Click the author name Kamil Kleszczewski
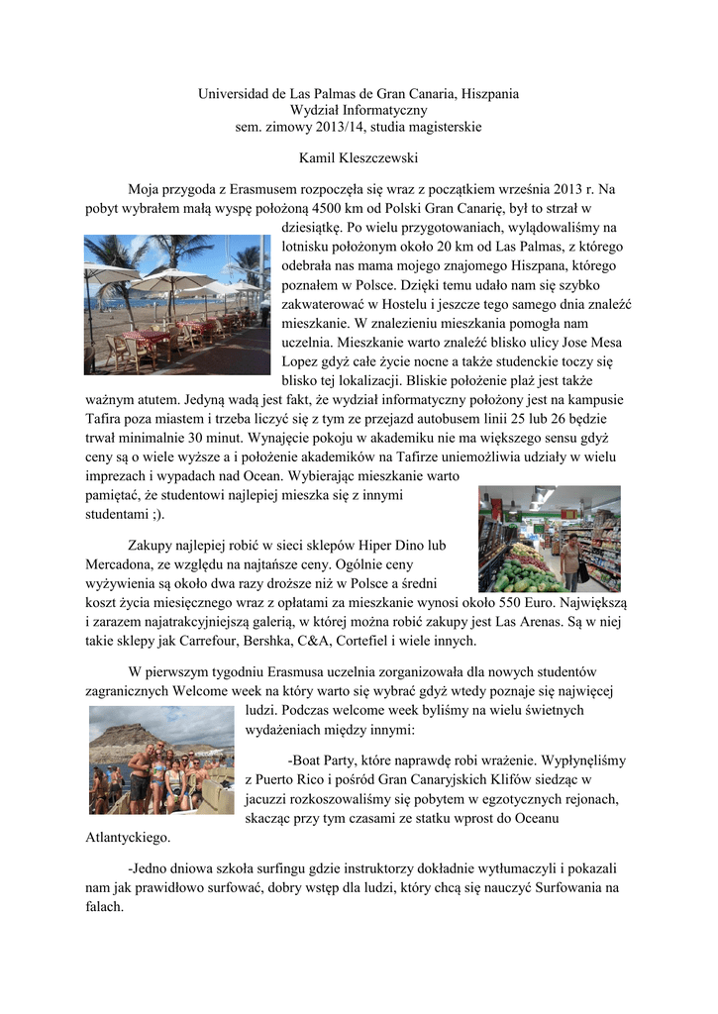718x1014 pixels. point(359,157)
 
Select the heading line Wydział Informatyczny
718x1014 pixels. point(359,111)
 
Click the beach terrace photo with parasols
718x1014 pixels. point(176,305)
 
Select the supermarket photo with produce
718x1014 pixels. point(549,539)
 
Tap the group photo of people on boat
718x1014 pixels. point(161,760)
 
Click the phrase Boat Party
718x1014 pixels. point(322,760)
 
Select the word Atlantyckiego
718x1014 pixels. point(129,838)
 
